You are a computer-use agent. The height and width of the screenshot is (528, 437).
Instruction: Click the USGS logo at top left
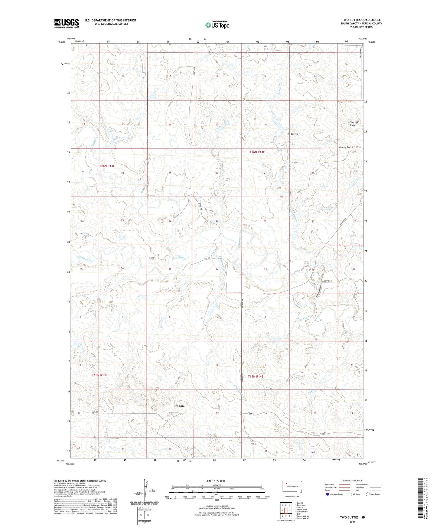click(x=67, y=23)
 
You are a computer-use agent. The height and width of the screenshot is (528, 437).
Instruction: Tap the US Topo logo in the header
click(x=217, y=25)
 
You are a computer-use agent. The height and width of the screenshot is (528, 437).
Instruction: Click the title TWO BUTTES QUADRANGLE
click(x=361, y=20)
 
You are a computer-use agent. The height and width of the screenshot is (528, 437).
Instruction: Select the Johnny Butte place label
click(x=346, y=147)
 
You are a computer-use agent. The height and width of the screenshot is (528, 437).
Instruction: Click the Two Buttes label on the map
click(x=292, y=134)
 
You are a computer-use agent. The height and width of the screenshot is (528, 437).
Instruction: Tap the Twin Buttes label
click(x=179, y=406)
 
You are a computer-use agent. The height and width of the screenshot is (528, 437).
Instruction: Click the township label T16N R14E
click(x=257, y=152)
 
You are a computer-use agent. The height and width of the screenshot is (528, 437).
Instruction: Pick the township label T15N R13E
click(x=99, y=375)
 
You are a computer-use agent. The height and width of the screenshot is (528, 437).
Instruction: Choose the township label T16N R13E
click(x=107, y=166)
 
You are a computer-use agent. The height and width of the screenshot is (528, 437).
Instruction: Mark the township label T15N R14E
click(x=256, y=376)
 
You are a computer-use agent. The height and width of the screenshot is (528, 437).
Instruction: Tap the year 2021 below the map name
click(x=352, y=522)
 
